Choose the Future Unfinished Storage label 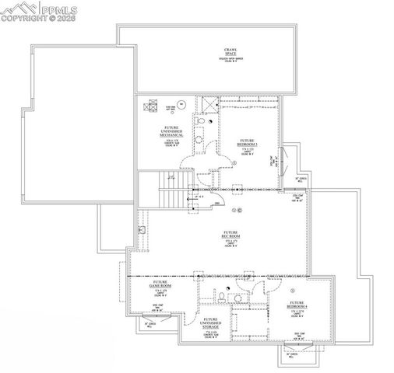[x=210, y=321]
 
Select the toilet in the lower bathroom [x=222, y=298]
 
